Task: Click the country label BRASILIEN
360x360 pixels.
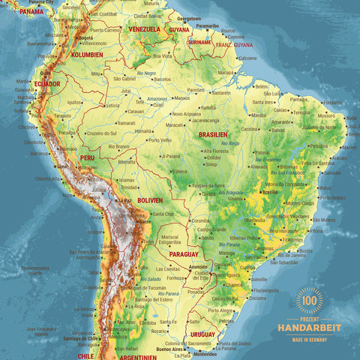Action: tap(213, 134)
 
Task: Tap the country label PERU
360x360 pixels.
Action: tap(87, 158)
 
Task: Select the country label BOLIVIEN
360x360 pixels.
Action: tap(150, 200)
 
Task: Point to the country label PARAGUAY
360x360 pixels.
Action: tap(184, 253)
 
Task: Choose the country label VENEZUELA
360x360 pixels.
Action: tap(145, 29)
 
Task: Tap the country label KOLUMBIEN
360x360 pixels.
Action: tap(87, 55)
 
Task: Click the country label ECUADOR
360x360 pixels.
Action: tap(46, 84)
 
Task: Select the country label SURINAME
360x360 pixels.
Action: tap(199, 43)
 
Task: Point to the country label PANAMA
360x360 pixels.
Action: tap(31, 12)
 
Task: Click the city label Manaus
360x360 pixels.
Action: tap(181, 97)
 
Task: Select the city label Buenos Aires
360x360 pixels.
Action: tap(169, 349)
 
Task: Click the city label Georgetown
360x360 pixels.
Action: tap(188, 18)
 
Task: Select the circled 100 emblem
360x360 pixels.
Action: tap(309, 300)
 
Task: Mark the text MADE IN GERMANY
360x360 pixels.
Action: tap(309, 338)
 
